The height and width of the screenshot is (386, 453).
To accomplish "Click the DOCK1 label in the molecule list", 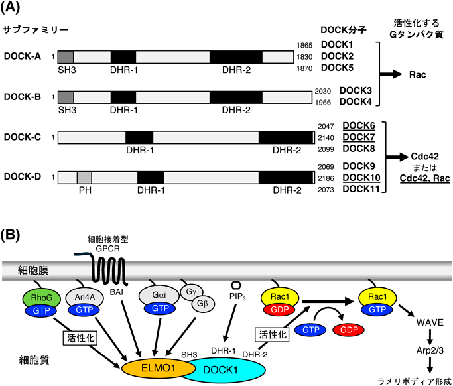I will coord(338,44).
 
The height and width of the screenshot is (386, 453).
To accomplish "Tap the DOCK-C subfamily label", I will coord(23,137).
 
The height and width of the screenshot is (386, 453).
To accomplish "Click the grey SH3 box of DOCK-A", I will coord(66,57).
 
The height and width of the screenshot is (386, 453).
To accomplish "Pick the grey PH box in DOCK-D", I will coord(84,178).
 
